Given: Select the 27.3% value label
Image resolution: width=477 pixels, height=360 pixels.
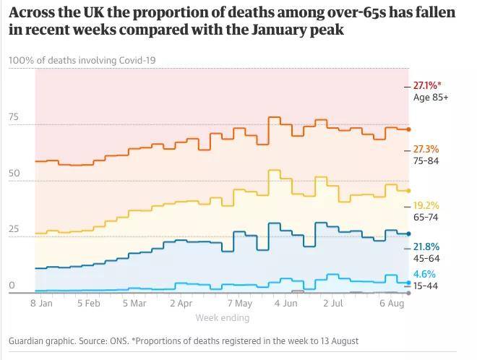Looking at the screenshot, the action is (426, 149).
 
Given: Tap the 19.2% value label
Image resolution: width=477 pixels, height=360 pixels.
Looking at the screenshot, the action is (426, 206).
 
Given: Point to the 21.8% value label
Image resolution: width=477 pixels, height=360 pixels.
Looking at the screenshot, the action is (426, 247).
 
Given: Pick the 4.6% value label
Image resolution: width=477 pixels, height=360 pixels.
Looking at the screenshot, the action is (424, 274).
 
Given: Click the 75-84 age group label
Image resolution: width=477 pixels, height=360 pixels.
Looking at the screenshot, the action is (426, 160).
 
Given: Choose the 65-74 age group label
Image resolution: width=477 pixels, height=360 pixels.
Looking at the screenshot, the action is (426, 218).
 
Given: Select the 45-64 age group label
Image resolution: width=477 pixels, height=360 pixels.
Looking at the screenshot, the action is (426, 258).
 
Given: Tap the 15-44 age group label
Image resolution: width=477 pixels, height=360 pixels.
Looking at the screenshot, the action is (426, 286).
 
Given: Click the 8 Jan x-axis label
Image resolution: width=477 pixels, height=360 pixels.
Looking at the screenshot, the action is (41, 304).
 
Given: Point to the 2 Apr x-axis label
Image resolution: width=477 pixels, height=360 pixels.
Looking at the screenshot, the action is (181, 304).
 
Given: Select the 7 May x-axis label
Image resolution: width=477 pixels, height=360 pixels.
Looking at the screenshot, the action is (240, 304).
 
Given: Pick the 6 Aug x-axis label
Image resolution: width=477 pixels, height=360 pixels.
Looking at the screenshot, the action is (392, 304).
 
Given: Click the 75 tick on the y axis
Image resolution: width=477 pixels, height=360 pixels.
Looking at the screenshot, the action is (14, 117).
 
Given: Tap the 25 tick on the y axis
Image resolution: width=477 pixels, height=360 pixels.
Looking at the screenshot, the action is (14, 229).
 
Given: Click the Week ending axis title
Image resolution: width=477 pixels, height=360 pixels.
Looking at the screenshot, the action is (223, 317).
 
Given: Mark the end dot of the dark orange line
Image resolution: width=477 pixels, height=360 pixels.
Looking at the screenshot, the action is (408, 129).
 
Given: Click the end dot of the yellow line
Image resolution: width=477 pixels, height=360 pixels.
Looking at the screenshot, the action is (408, 191).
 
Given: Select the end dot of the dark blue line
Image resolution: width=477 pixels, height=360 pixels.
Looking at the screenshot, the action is (408, 233).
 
